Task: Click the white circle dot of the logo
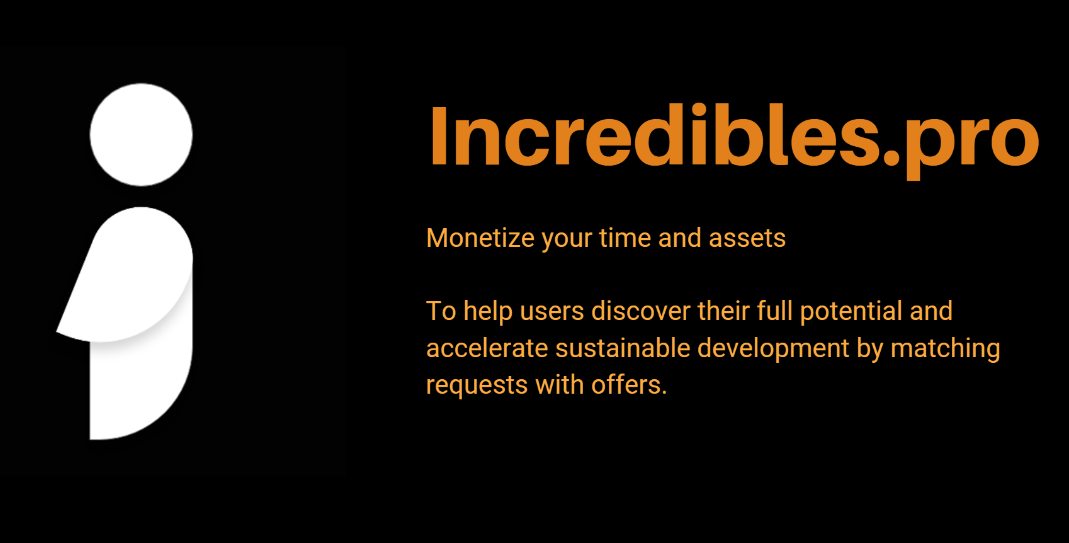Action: click(141, 135)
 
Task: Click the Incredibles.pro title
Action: click(734, 139)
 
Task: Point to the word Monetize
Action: click(480, 238)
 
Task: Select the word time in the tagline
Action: click(625, 238)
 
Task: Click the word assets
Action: click(747, 238)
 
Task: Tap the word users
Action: click(552, 311)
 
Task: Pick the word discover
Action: click(641, 311)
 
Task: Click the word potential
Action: click(851, 312)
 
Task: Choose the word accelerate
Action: click(487, 348)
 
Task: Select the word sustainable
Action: click(623, 348)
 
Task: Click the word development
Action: click(774, 349)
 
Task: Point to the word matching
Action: click(946, 349)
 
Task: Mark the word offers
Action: click(629, 385)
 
